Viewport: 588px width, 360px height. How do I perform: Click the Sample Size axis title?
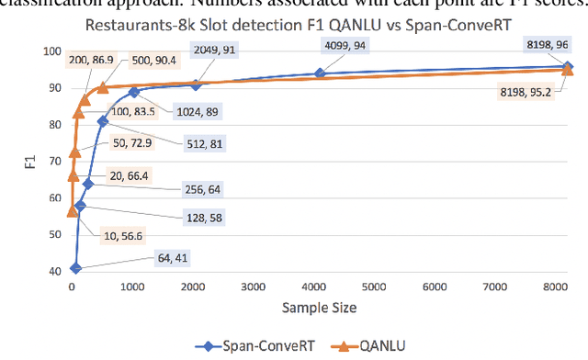click(x=321, y=308)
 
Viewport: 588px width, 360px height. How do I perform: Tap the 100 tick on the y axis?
click(x=53, y=51)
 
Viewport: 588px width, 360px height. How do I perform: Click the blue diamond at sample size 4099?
click(x=320, y=73)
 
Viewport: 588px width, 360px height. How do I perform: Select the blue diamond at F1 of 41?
click(x=75, y=268)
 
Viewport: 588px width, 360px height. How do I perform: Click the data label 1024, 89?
click(x=190, y=112)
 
